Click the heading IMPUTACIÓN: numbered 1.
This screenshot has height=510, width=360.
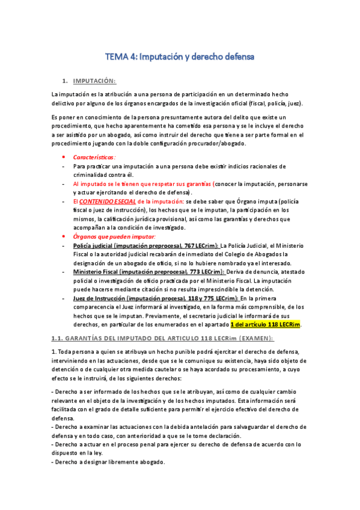[94, 81]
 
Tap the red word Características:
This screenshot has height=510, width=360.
[94, 157]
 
